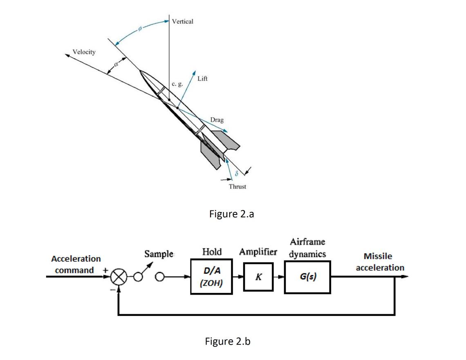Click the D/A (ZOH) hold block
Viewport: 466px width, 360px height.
tap(211, 277)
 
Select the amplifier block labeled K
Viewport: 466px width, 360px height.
tap(258, 277)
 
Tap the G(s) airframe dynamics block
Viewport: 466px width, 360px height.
tap(308, 277)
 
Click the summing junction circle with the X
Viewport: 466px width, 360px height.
tap(119, 277)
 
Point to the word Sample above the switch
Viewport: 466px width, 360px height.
tap(159, 254)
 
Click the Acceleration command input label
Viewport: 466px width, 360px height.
tap(76, 264)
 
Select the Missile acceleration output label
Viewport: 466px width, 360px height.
tap(378, 262)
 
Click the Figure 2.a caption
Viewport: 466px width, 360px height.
tap(231, 214)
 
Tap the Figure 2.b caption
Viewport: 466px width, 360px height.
tap(227, 341)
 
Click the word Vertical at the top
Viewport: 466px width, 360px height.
tap(182, 21)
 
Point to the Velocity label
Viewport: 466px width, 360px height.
tap(84, 52)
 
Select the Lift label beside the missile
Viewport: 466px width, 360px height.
tap(202, 78)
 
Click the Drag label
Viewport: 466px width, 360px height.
tap(217, 120)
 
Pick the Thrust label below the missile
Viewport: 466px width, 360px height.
tap(237, 187)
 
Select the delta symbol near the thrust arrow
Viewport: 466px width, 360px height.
tap(236, 174)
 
